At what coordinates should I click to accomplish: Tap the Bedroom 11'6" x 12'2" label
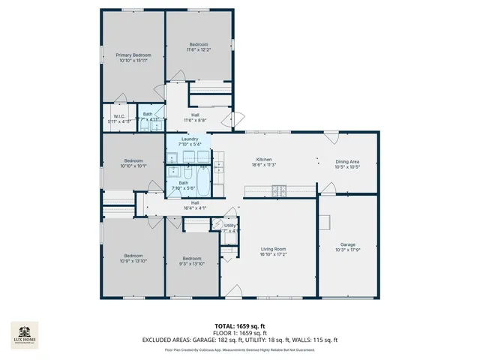pyautogui.click(x=198, y=47)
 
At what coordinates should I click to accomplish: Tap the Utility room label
pyautogui.click(x=229, y=227)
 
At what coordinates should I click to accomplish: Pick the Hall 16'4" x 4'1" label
pyautogui.click(x=195, y=205)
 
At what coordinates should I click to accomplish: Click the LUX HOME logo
pyautogui.click(x=26, y=335)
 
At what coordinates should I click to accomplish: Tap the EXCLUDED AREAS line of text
pyautogui.click(x=239, y=340)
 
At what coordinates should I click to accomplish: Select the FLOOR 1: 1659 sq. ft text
pyautogui.click(x=239, y=334)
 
